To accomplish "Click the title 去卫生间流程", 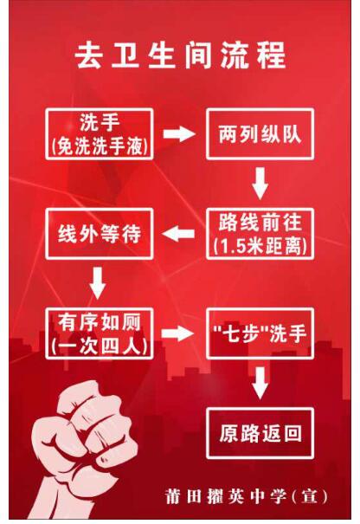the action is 180,55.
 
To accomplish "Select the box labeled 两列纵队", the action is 260,133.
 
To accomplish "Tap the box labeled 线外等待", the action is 100,234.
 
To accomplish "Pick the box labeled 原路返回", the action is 260,433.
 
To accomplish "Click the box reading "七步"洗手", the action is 260,333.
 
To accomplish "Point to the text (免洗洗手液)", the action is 100,146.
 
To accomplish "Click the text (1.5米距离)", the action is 260,246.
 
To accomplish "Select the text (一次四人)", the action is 100,346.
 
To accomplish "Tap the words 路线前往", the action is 260,223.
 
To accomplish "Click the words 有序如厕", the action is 100,322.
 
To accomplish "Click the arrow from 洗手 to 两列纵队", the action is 178,133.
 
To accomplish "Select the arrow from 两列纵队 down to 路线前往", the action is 260,184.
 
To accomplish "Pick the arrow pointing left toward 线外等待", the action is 178,234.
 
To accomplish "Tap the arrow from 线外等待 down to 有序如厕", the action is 98,283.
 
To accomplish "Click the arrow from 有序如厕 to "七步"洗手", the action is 177,333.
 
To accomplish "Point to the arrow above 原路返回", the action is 260,383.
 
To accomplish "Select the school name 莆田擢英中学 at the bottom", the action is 226,496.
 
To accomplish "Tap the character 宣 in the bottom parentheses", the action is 309,496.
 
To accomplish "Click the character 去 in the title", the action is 87,55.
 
